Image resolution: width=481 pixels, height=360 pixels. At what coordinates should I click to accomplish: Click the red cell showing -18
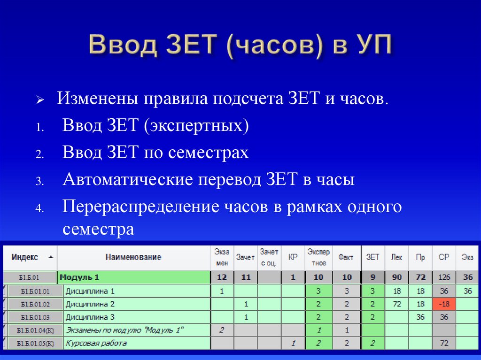pyautogui.click(x=444, y=304)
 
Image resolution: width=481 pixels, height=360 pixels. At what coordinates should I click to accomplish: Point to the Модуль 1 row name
pyautogui.click(x=80, y=277)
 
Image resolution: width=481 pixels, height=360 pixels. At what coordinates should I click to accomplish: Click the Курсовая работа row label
pyautogui.click(x=96, y=343)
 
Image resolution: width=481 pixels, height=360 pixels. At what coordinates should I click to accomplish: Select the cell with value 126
pyautogui.click(x=444, y=277)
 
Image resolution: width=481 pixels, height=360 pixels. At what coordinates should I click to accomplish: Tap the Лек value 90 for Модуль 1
pyautogui.click(x=397, y=277)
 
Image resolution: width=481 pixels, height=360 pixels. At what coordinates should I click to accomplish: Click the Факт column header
pyautogui.click(x=346, y=257)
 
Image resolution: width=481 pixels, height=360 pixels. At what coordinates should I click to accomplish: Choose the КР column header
pyautogui.click(x=293, y=257)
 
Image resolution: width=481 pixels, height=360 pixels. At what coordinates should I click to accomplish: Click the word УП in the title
pyautogui.click(x=371, y=46)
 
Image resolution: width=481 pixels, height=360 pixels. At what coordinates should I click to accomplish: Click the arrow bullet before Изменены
pyautogui.click(x=40, y=101)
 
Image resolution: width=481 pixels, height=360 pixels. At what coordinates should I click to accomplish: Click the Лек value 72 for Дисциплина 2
pyautogui.click(x=397, y=304)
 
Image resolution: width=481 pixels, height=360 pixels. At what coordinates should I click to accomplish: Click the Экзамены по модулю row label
pyautogui.click(x=124, y=330)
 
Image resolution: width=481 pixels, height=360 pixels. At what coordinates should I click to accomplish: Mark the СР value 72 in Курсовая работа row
pyautogui.click(x=444, y=343)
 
